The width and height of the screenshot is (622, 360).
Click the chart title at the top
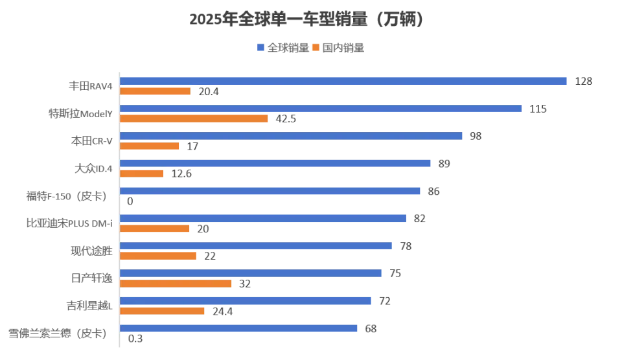(306, 21)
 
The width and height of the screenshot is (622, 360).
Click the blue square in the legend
(259, 47)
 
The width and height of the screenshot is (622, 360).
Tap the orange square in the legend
(316, 47)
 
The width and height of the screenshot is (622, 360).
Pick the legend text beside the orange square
(344, 48)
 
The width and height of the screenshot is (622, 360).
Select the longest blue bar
(344, 81)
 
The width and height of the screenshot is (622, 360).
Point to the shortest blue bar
(238, 328)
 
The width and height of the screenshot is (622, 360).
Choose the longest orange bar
(194, 118)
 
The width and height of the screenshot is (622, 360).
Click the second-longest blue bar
(321, 109)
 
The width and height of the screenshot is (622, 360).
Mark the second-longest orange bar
(176, 284)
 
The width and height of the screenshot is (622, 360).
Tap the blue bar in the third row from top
(292, 135)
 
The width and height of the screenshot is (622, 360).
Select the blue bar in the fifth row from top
(271, 192)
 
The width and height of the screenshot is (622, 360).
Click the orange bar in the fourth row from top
(143, 174)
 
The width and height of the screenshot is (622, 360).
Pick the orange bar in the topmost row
(155, 92)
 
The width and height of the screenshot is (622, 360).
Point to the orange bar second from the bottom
(163, 310)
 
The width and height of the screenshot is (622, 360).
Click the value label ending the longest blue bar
(585, 80)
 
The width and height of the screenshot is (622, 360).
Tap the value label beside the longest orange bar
(287, 119)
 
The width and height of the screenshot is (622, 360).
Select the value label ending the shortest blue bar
(370, 329)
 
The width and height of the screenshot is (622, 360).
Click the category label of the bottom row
(57, 334)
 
